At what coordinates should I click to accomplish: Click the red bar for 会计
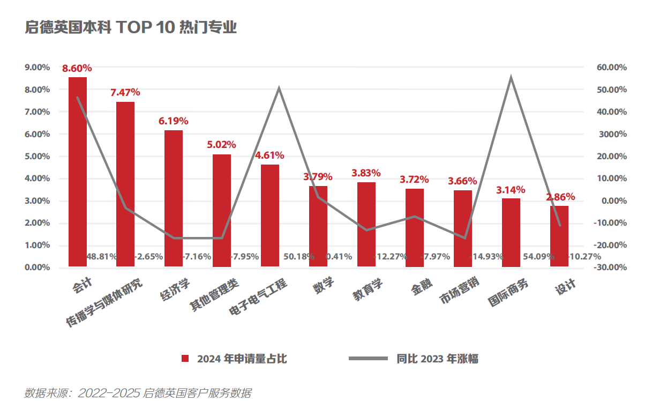[78, 172]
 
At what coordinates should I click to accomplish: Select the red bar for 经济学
[174, 198]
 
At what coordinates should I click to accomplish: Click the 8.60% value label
[77, 69]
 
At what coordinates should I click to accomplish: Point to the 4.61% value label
[269, 156]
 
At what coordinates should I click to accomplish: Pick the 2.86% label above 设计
[560, 197]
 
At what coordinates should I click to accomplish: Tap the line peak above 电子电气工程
[279, 88]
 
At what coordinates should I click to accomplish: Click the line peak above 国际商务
[511, 78]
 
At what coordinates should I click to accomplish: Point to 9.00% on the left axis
[37, 68]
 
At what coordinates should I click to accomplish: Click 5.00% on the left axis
[37, 157]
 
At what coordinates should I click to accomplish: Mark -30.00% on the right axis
[610, 268]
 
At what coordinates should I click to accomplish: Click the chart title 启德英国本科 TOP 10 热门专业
[131, 28]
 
